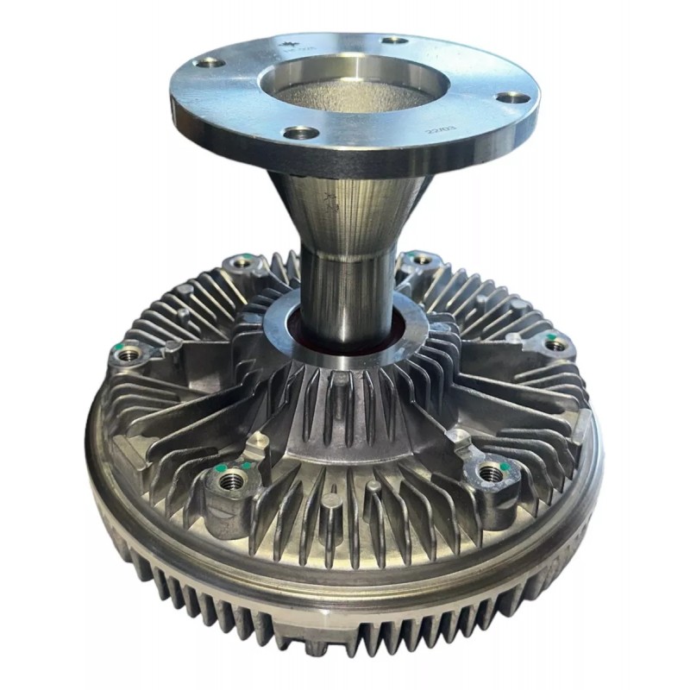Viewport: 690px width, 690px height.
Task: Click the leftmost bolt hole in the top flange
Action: point(210,62)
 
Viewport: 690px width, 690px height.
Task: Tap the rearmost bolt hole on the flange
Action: point(394,40)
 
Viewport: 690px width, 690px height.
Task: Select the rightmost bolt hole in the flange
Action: point(515,97)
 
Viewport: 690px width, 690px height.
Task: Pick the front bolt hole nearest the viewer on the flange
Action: point(302,133)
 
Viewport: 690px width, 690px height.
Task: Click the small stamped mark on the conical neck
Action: point(332,206)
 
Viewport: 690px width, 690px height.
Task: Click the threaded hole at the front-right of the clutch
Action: point(490,472)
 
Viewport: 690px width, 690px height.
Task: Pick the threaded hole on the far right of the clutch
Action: point(556,345)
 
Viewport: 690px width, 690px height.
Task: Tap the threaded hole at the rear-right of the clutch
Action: point(420,258)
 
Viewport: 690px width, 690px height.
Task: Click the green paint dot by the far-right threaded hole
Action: point(549,335)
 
